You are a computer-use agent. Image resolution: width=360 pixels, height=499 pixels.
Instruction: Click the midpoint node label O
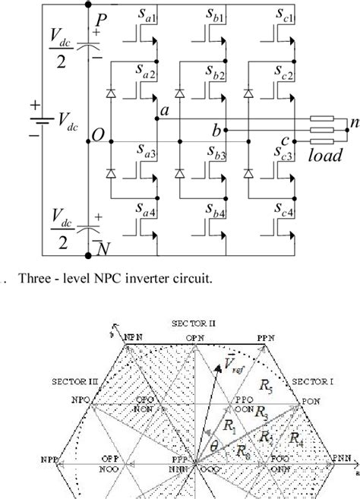tap(98, 134)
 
